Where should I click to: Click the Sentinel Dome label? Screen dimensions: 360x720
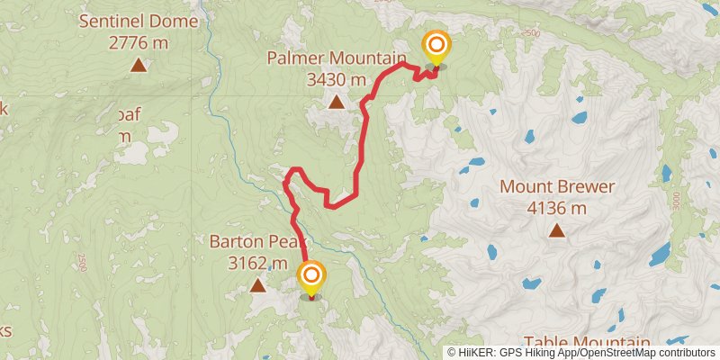tap(138, 20)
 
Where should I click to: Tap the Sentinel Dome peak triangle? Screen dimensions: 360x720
tap(138, 64)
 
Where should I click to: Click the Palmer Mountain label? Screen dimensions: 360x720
tap(337, 58)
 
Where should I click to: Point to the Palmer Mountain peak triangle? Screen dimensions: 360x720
tap(337, 102)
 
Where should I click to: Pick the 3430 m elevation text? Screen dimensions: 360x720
tap(337, 79)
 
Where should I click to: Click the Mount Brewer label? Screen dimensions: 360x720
tap(557, 187)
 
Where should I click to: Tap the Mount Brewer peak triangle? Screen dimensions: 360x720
tap(557, 231)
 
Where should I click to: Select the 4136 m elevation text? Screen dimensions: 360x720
tap(557, 208)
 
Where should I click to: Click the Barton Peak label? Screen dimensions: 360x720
tap(258, 241)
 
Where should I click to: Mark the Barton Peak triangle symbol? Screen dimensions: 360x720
tap(258, 285)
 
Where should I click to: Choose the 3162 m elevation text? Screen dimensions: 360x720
tap(258, 263)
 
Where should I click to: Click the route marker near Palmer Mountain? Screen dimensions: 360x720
tap(436, 46)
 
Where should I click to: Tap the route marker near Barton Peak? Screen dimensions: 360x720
tap(311, 275)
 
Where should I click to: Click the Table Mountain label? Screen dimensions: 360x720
tap(587, 343)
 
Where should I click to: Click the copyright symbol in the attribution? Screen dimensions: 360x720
tap(453, 352)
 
